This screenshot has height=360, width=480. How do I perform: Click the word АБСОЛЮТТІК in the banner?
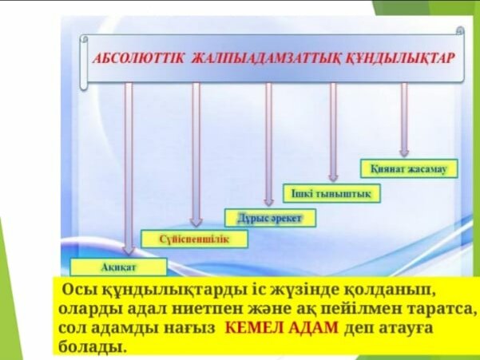(x=138, y=58)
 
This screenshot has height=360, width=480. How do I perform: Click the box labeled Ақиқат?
(x=118, y=267)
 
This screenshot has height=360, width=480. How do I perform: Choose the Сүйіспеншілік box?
(x=194, y=239)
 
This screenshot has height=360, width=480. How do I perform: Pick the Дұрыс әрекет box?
(x=270, y=218)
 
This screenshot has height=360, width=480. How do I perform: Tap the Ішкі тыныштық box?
(x=331, y=193)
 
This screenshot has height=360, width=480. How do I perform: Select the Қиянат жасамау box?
(x=409, y=168)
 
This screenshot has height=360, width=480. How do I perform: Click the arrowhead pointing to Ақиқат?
(x=129, y=250)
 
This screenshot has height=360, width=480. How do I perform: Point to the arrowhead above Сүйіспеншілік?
(x=196, y=221)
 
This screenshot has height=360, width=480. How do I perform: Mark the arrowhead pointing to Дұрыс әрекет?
(x=269, y=201)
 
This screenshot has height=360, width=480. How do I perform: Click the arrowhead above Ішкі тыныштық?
(x=333, y=177)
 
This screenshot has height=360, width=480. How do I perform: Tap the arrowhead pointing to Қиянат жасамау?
(x=404, y=152)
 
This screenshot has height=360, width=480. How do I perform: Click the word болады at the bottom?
(x=92, y=347)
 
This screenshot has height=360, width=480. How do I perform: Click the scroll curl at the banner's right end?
(x=460, y=31)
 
